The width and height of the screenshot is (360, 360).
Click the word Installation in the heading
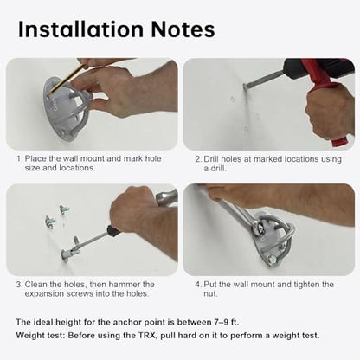click(80, 29)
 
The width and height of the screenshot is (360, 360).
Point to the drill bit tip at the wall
click(245, 86)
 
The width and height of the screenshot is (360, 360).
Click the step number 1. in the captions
click(19, 159)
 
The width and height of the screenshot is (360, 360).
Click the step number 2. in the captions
click(197, 159)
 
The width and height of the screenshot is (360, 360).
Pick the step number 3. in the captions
click(19, 285)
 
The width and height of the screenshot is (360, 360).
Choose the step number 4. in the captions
click(197, 285)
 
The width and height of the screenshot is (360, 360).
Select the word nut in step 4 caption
click(209, 294)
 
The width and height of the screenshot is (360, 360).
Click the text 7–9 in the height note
click(221, 322)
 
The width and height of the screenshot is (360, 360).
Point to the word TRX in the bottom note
click(148, 336)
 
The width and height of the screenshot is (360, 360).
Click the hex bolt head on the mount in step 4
click(273, 259)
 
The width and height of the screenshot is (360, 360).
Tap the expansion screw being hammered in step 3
click(70, 254)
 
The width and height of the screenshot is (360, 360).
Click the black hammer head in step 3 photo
click(113, 230)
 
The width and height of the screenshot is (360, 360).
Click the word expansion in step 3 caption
click(44, 294)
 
